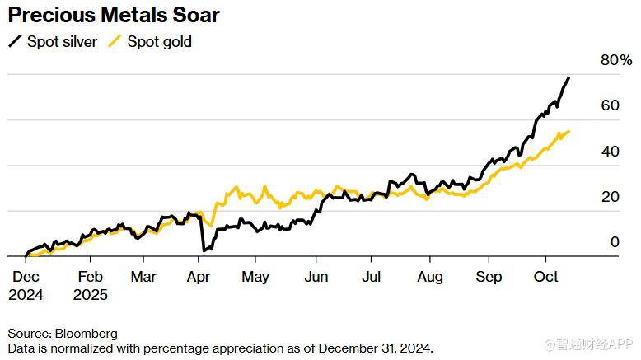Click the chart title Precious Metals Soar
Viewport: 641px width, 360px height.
tap(114, 15)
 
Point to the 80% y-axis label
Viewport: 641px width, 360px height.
tap(616, 60)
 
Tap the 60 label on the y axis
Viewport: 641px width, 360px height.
tap(610, 105)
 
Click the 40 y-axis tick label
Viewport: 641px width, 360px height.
tap(610, 152)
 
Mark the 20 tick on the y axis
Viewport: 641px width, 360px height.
tap(610, 197)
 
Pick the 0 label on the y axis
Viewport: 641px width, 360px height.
tap(614, 242)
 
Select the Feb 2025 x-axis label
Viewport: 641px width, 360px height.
tap(90, 285)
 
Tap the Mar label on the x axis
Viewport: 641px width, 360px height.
tap(143, 277)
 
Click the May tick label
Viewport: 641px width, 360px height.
tap(255, 277)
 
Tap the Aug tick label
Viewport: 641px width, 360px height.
tap(429, 277)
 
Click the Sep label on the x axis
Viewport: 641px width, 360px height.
tap(489, 277)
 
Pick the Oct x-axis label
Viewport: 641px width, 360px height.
tap(546, 277)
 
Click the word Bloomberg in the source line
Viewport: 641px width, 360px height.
tap(86, 334)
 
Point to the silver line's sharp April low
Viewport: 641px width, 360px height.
tap(204, 250)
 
